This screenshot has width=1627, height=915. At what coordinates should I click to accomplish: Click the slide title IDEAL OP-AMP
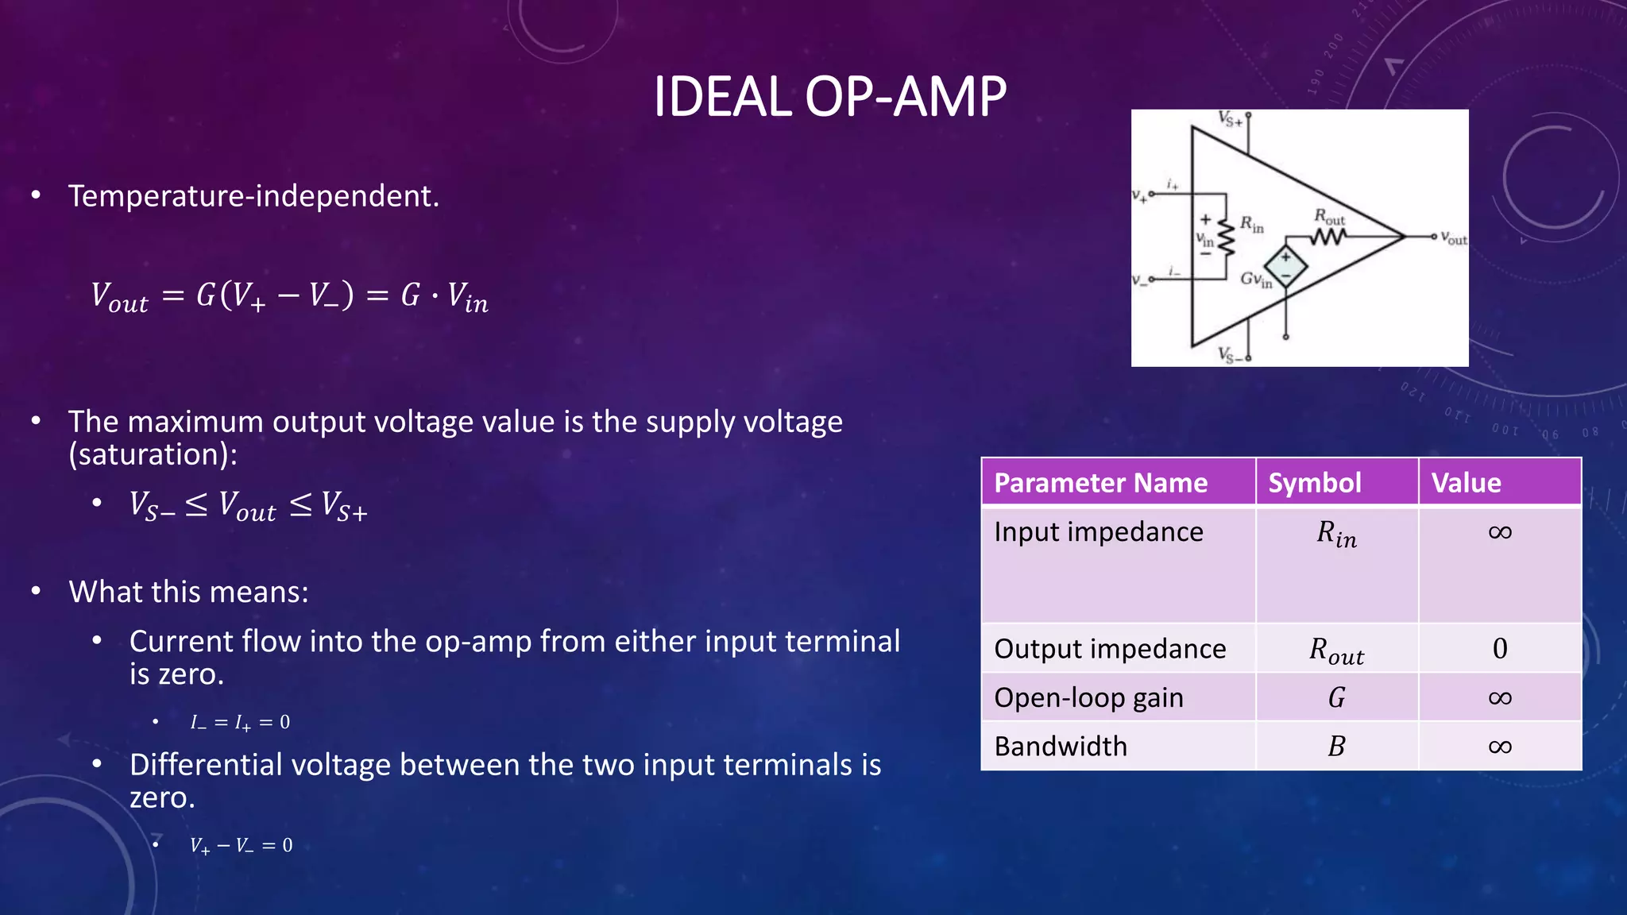[829, 97]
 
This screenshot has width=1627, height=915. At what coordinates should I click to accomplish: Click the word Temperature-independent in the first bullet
[253, 196]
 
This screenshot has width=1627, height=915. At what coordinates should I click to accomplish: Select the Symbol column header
[1314, 483]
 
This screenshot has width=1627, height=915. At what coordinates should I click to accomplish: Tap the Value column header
[1466, 483]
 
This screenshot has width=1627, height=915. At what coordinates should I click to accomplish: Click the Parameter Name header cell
[1100, 483]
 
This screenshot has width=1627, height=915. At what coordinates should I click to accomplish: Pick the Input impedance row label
[1098, 532]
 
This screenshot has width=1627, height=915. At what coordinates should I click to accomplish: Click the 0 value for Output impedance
[1499, 649]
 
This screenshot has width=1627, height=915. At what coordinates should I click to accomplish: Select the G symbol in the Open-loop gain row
[1336, 698]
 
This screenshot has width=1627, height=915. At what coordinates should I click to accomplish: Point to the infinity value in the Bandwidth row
[1499, 747]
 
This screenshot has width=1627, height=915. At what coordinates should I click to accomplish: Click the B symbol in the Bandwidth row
[1336, 747]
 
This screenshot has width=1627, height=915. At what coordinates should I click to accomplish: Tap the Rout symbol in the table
[1336, 651]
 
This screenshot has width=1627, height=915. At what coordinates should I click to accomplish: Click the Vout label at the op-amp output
[1454, 237]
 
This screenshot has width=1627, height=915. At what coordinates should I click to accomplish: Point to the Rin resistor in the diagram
[1227, 236]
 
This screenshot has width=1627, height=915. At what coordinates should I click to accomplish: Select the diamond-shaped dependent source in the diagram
[1285, 266]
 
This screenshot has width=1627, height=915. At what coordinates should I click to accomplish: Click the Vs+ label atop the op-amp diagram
[1230, 120]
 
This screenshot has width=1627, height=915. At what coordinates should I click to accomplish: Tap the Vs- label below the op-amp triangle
[1230, 355]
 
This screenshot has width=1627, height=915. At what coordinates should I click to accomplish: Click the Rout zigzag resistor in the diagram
[1327, 236]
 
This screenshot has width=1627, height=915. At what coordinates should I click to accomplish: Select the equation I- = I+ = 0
[240, 723]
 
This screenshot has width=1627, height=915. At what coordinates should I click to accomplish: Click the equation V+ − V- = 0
[241, 846]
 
